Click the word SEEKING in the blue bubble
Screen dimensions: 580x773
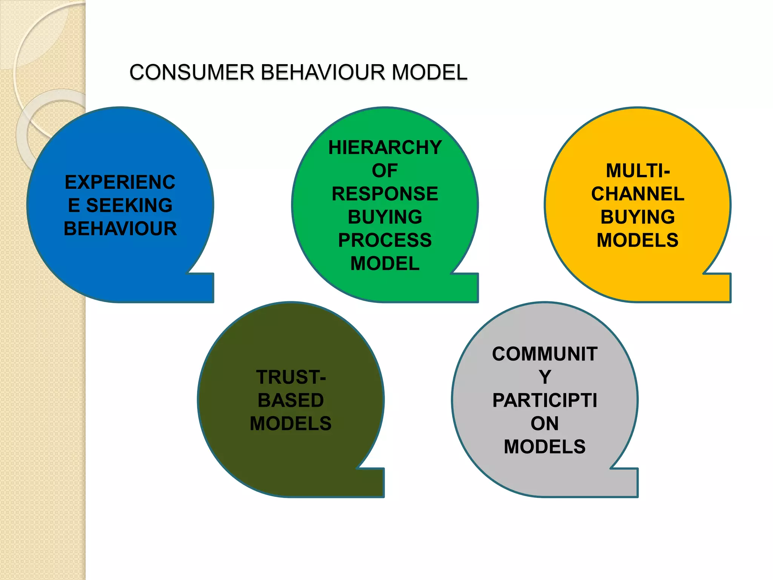click(x=129, y=205)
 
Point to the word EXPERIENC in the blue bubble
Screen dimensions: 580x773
click(x=120, y=182)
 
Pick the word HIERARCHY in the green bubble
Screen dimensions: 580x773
click(x=385, y=147)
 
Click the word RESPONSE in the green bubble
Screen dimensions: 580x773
click(x=385, y=194)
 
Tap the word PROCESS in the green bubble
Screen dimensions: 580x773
click(x=385, y=240)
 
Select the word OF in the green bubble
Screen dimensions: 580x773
click(x=385, y=171)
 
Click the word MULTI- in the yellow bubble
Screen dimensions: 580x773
click(x=637, y=171)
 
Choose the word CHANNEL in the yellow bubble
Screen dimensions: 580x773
click(x=637, y=194)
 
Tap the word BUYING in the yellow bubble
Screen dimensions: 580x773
click(x=637, y=217)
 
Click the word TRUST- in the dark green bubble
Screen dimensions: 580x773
click(x=291, y=377)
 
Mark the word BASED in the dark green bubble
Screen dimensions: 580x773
click(x=291, y=400)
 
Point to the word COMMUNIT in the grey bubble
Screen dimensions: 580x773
click(x=544, y=354)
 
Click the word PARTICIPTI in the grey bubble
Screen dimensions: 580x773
click(x=544, y=400)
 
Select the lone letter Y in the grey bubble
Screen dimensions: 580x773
click(x=545, y=377)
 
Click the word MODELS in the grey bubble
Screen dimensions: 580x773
click(x=544, y=447)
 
